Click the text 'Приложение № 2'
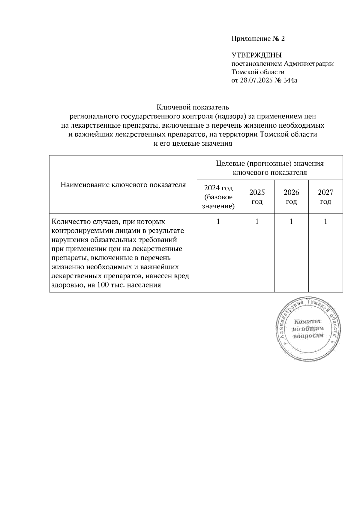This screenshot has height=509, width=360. click(258, 39)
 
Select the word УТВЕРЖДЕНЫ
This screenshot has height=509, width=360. click(256, 55)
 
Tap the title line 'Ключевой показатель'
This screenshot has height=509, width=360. click(193, 107)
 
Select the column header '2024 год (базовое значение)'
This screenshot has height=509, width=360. click(218, 197)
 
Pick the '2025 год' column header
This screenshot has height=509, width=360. click(257, 197)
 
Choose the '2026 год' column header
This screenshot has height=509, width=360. click(291, 197)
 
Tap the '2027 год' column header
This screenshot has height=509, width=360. click(325, 197)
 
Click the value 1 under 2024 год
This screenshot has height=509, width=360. click(218, 222)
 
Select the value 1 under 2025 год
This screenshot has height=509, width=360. click(257, 222)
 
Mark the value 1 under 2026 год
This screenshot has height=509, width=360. click(291, 222)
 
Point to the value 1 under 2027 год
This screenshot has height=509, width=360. click(325, 222)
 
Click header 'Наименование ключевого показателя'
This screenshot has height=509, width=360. click(123, 185)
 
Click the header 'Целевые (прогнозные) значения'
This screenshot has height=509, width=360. click(270, 164)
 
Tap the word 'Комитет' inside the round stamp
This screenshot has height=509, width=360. click(307, 322)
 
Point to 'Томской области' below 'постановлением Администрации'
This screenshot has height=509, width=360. click(258, 72)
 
